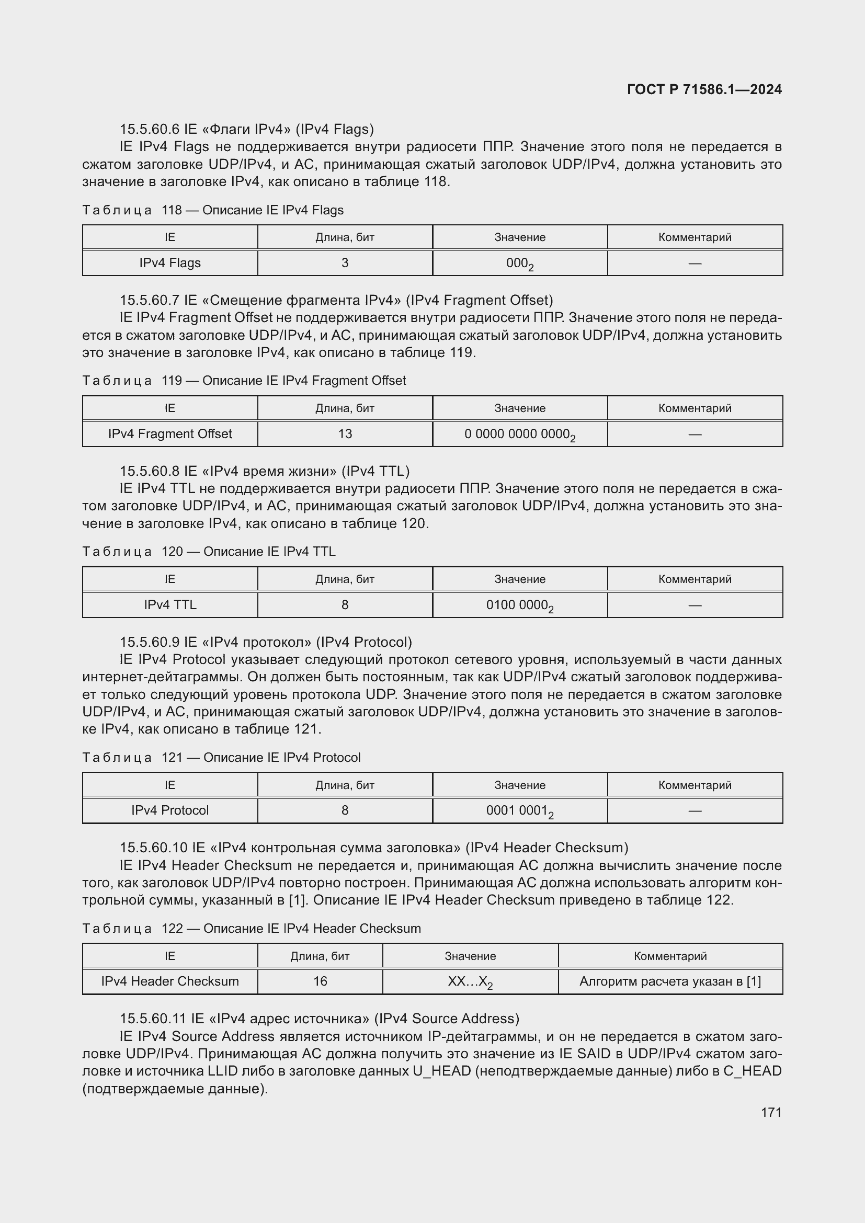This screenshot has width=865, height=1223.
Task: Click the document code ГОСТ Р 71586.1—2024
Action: (704, 89)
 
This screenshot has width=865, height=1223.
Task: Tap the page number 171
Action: (771, 1112)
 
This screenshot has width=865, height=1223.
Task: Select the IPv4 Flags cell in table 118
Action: (170, 262)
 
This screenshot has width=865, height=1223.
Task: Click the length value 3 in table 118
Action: (345, 262)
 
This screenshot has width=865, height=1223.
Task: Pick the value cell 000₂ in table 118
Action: (519, 263)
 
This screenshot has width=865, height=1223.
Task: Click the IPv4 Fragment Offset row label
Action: (170, 433)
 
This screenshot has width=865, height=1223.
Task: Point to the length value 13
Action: (345, 433)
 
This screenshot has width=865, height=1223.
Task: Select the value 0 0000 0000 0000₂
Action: (519, 434)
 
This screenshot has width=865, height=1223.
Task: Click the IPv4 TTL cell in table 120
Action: (170, 604)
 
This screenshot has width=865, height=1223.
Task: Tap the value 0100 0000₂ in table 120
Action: (519, 605)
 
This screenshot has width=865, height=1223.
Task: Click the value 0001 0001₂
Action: (519, 811)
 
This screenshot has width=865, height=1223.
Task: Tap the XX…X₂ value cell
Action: (470, 982)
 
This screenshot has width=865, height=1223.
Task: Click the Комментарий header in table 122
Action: (669, 956)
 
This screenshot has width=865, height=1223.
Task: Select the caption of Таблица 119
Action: (244, 380)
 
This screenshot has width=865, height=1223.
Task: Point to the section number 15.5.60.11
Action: (153, 1019)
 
